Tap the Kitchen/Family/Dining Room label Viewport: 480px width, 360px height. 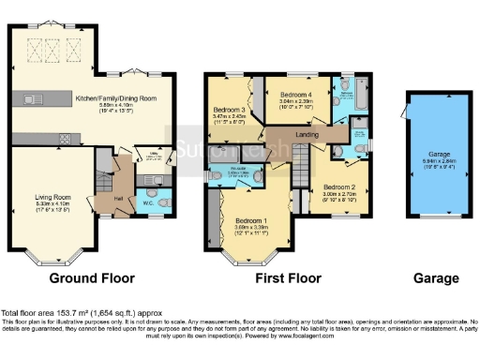click(x=115, y=97)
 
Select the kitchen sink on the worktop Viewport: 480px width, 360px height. click(x=31, y=98)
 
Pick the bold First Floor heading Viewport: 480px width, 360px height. click(x=282, y=278)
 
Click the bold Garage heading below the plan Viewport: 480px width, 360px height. click(x=437, y=278)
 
